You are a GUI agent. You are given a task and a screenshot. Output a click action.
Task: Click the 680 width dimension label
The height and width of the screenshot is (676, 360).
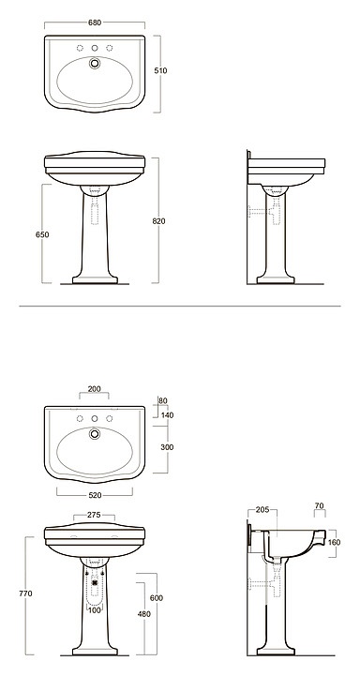(x=95, y=23)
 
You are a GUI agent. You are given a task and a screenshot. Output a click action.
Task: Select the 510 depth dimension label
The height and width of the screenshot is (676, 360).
(x=160, y=70)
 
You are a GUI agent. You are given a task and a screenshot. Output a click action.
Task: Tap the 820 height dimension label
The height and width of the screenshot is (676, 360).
(x=158, y=221)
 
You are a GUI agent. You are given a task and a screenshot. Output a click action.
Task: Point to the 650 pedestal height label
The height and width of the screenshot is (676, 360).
(x=42, y=235)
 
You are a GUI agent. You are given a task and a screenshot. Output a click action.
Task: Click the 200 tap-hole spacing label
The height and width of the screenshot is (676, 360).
(x=94, y=389)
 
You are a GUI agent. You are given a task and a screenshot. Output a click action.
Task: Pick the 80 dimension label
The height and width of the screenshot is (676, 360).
(x=162, y=400)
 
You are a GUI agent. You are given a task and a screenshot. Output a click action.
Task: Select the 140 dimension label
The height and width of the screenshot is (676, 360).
(x=167, y=415)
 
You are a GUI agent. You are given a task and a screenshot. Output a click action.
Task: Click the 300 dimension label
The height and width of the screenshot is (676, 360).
(x=167, y=447)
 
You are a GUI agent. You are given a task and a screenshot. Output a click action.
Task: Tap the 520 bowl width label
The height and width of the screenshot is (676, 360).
(x=95, y=495)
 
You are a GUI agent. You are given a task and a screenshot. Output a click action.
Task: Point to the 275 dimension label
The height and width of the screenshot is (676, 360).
(x=94, y=515)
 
